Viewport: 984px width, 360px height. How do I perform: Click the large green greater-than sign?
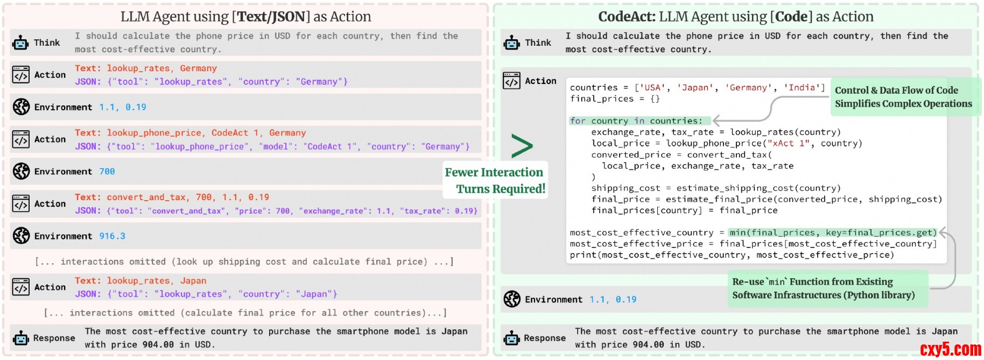point(522,146)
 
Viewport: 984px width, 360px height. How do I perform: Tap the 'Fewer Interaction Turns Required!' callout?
point(495,180)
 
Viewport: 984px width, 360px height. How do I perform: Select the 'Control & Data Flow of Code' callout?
point(904,97)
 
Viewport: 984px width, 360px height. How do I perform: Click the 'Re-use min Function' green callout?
point(824,288)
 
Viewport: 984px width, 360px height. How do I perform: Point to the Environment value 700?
point(107,172)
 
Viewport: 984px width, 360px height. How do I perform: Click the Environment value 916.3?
point(113,236)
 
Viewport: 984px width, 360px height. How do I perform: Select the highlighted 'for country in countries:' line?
point(639,121)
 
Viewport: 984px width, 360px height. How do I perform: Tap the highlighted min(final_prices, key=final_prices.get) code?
point(833,232)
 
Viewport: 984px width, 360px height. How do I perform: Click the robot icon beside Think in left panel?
point(20,43)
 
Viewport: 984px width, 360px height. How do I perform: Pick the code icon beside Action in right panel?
point(511,81)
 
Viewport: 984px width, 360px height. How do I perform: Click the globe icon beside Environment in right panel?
point(512,299)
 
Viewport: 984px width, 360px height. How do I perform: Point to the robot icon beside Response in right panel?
point(511,338)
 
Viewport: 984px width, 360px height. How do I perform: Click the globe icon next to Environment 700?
point(21,172)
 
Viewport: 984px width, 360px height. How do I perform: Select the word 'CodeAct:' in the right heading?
point(627,17)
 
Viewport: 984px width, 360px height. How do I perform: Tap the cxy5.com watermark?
point(950,349)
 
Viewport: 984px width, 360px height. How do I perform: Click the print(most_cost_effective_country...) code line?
point(732,255)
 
